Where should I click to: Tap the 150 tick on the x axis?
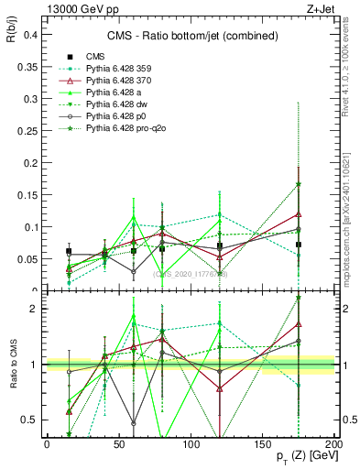click(x=264, y=443)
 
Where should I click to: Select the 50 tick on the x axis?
click(x=119, y=443)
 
